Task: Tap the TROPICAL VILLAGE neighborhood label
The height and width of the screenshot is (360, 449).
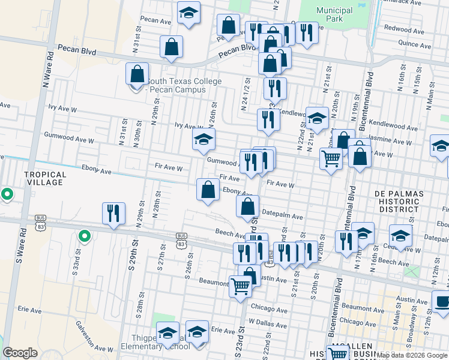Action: (x=44, y=178)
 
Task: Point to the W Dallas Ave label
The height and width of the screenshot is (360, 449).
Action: (x=265, y=323)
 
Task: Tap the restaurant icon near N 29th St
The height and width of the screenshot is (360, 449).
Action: (x=112, y=214)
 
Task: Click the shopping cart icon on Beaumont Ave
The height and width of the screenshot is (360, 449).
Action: (x=240, y=286)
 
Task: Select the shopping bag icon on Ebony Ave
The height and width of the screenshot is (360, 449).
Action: (x=208, y=190)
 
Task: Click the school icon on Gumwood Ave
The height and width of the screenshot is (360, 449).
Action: (x=203, y=140)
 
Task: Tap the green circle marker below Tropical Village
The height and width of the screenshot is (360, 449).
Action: (x=7, y=194)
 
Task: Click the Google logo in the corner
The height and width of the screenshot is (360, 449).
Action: (x=20, y=353)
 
